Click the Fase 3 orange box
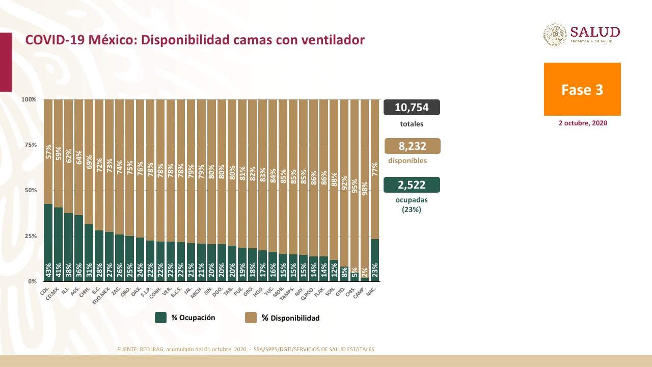pos(582,89)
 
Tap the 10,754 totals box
pos(412,108)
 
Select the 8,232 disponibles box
pos(412,146)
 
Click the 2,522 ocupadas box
pos(412,185)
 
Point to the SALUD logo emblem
pos(555,35)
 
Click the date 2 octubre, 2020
pos(582,123)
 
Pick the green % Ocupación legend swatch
pos(161,318)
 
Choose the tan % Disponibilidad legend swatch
pos(251,318)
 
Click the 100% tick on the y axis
pos(30,99)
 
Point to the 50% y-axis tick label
pos(31,190)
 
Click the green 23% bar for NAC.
pos(375,260)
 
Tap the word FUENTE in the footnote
pos(127,349)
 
